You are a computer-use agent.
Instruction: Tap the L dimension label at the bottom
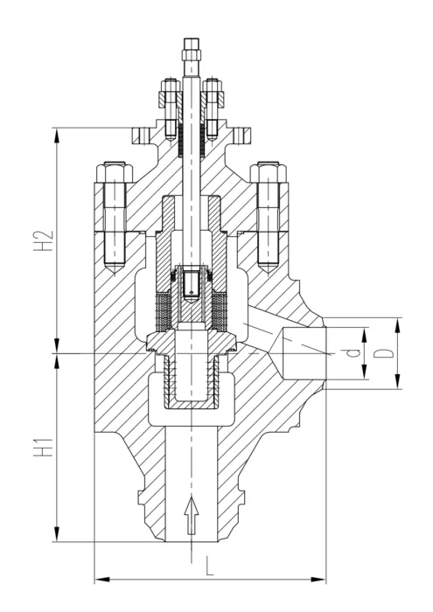210,566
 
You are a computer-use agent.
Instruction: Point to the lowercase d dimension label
353,353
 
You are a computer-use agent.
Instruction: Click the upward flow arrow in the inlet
192,516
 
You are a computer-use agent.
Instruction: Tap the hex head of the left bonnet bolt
114,172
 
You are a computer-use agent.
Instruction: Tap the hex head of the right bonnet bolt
269,172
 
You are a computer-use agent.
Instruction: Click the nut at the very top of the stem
191,47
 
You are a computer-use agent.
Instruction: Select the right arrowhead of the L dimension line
318,579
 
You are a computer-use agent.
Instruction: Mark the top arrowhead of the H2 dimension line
57,136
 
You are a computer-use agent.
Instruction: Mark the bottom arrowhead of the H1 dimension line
57,533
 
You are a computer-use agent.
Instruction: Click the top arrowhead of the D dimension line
397,325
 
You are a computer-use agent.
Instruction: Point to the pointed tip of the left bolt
114,272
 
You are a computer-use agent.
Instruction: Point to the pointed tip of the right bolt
269,272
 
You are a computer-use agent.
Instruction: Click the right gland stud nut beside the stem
213,100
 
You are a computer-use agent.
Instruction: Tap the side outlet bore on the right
304,353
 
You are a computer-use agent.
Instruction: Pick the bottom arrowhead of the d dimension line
364,372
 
